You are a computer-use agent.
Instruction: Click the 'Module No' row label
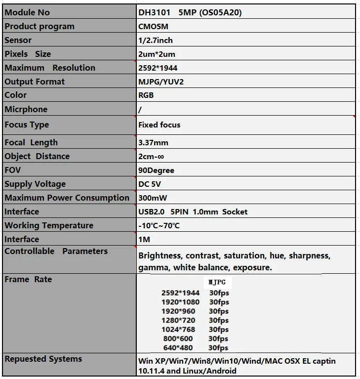point(27,12)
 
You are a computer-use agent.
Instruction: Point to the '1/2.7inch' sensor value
point(156,40)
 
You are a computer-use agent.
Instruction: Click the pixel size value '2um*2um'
point(157,54)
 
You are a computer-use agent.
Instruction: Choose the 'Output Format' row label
point(35,82)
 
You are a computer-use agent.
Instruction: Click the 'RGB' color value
point(146,95)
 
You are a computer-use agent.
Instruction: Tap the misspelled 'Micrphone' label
point(26,109)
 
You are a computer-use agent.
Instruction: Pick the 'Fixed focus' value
point(159,125)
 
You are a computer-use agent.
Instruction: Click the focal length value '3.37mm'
point(153,142)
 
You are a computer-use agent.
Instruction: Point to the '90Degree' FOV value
point(156,170)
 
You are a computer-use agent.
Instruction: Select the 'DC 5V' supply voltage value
point(150,184)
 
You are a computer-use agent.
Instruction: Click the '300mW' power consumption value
point(153,198)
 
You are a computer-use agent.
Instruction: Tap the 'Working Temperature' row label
point(49,225)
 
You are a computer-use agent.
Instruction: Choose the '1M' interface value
point(144,239)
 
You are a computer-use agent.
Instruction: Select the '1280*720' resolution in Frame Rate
point(178,320)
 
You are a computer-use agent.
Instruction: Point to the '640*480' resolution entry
point(178,347)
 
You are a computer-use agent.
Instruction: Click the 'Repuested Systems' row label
point(43,359)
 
